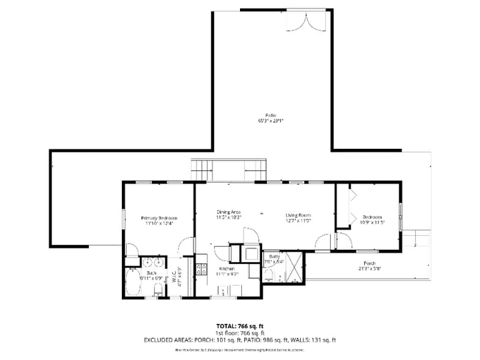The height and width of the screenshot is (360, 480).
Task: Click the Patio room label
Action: point(270,115)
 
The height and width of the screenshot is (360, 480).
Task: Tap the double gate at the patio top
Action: point(304,22)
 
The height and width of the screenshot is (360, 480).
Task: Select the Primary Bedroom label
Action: point(159,218)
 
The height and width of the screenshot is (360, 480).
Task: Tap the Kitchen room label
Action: point(227,269)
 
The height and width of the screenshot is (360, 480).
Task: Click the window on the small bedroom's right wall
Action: point(400,214)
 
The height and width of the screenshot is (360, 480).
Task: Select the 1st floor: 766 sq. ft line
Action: point(239,333)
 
